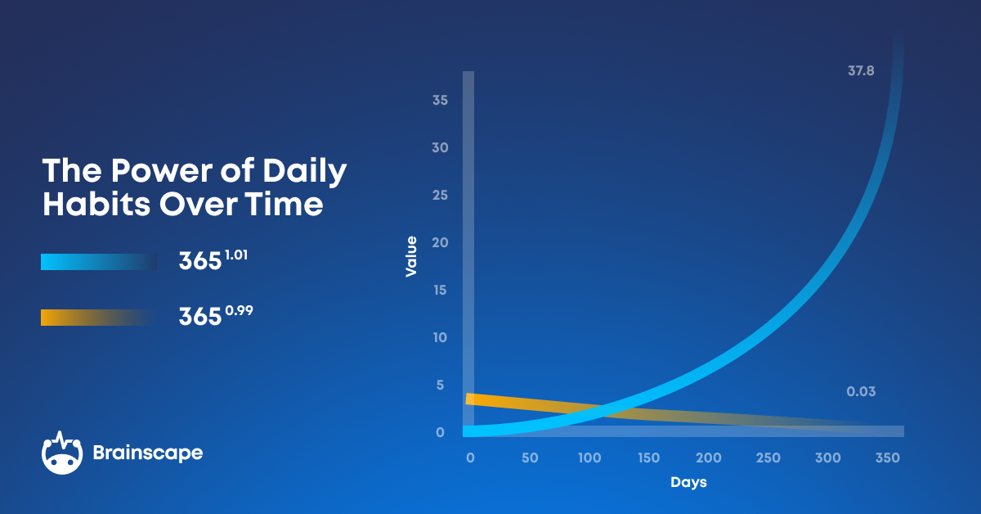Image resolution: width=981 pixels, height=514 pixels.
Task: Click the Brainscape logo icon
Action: (62, 452)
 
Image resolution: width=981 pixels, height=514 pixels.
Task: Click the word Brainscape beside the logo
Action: (147, 453)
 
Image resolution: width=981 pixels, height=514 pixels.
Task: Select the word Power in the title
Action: (155, 171)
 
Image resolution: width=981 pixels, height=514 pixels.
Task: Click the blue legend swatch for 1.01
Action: (98, 262)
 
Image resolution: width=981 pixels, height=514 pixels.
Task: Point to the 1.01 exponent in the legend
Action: (235, 255)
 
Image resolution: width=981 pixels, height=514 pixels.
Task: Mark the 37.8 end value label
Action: (861, 71)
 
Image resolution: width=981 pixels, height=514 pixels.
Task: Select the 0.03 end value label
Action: (861, 392)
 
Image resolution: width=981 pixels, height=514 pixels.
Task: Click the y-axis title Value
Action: (411, 256)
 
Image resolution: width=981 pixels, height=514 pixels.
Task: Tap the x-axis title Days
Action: (688, 483)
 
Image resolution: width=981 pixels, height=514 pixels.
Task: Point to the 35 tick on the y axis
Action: (440, 101)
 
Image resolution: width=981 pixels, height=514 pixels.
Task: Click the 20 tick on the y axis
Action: (440, 243)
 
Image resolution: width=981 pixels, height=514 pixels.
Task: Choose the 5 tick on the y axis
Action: (440, 385)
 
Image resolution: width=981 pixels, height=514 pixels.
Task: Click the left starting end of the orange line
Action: (469, 399)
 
